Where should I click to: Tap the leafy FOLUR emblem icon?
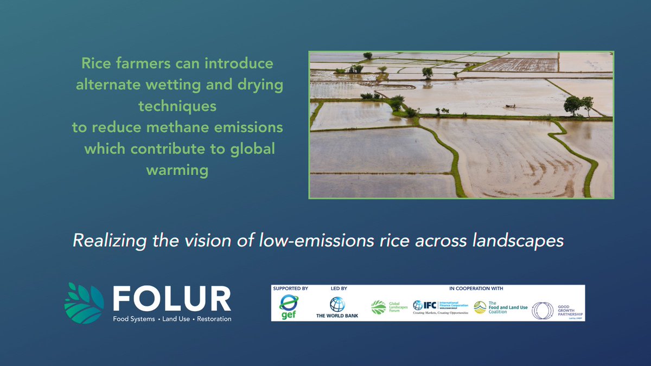84,303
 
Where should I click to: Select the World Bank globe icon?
337,304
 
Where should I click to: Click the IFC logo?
439,307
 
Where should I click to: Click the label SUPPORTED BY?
291,288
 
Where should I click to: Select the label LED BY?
338,288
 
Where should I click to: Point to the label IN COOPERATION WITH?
476,288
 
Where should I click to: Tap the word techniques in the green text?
177,106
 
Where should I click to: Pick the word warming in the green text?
177,170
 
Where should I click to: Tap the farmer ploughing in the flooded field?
510,106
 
